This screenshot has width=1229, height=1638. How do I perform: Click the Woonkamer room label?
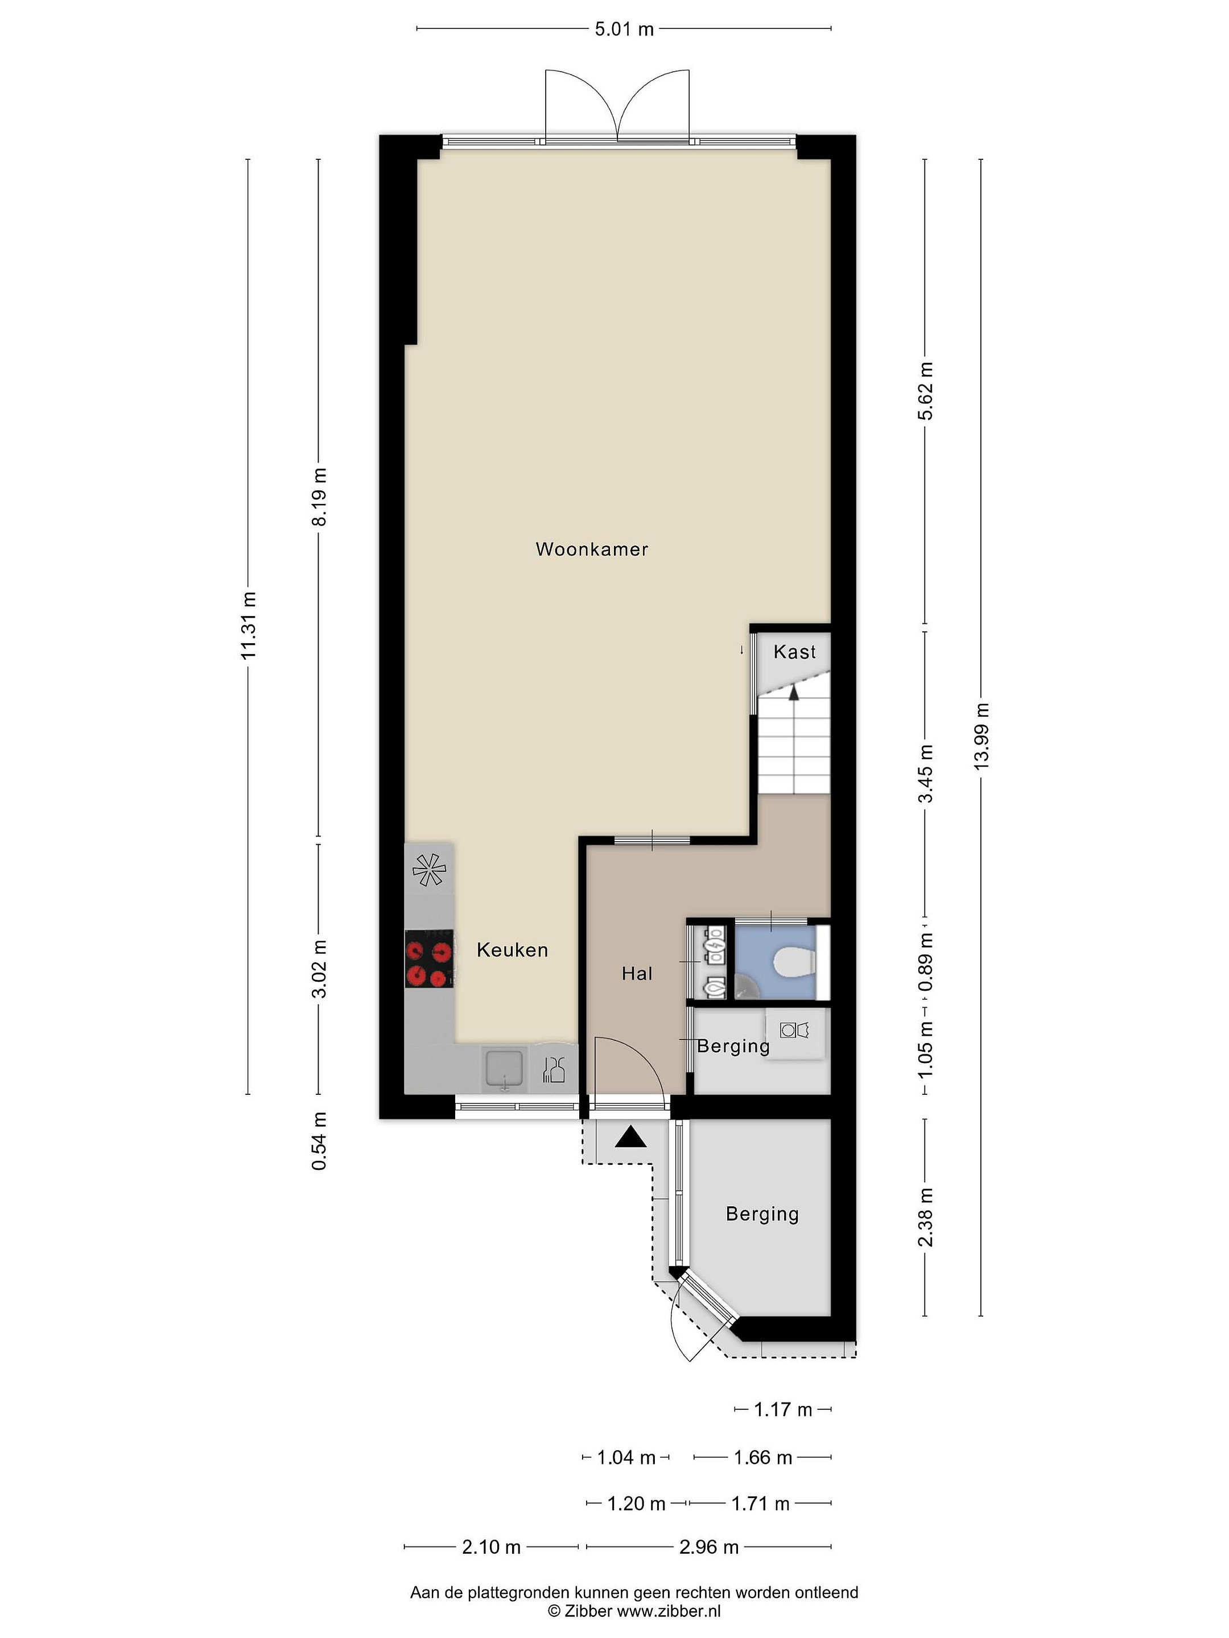[x=592, y=549]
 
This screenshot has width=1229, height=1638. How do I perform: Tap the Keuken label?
[x=512, y=950]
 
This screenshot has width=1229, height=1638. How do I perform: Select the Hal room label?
[x=637, y=973]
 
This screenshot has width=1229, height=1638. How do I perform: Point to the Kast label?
[x=794, y=652]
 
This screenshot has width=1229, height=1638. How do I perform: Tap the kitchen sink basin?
[x=505, y=1069]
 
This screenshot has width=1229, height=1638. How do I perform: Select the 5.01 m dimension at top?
[x=625, y=29]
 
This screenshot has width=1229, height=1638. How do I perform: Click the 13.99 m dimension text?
[x=981, y=736]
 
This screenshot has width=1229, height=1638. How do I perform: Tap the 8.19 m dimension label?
[x=319, y=496]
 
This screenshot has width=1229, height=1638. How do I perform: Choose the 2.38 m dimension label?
[x=925, y=1217]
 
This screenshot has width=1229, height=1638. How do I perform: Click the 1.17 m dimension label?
[x=783, y=1409]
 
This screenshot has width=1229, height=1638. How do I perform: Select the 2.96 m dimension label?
[x=709, y=1547]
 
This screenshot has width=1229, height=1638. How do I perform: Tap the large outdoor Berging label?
[x=762, y=1214]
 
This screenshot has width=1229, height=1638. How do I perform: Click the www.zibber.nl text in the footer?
[x=669, y=1610]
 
